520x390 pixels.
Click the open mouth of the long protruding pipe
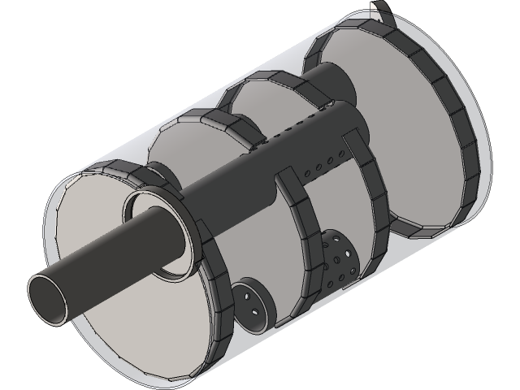coord(50,298)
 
